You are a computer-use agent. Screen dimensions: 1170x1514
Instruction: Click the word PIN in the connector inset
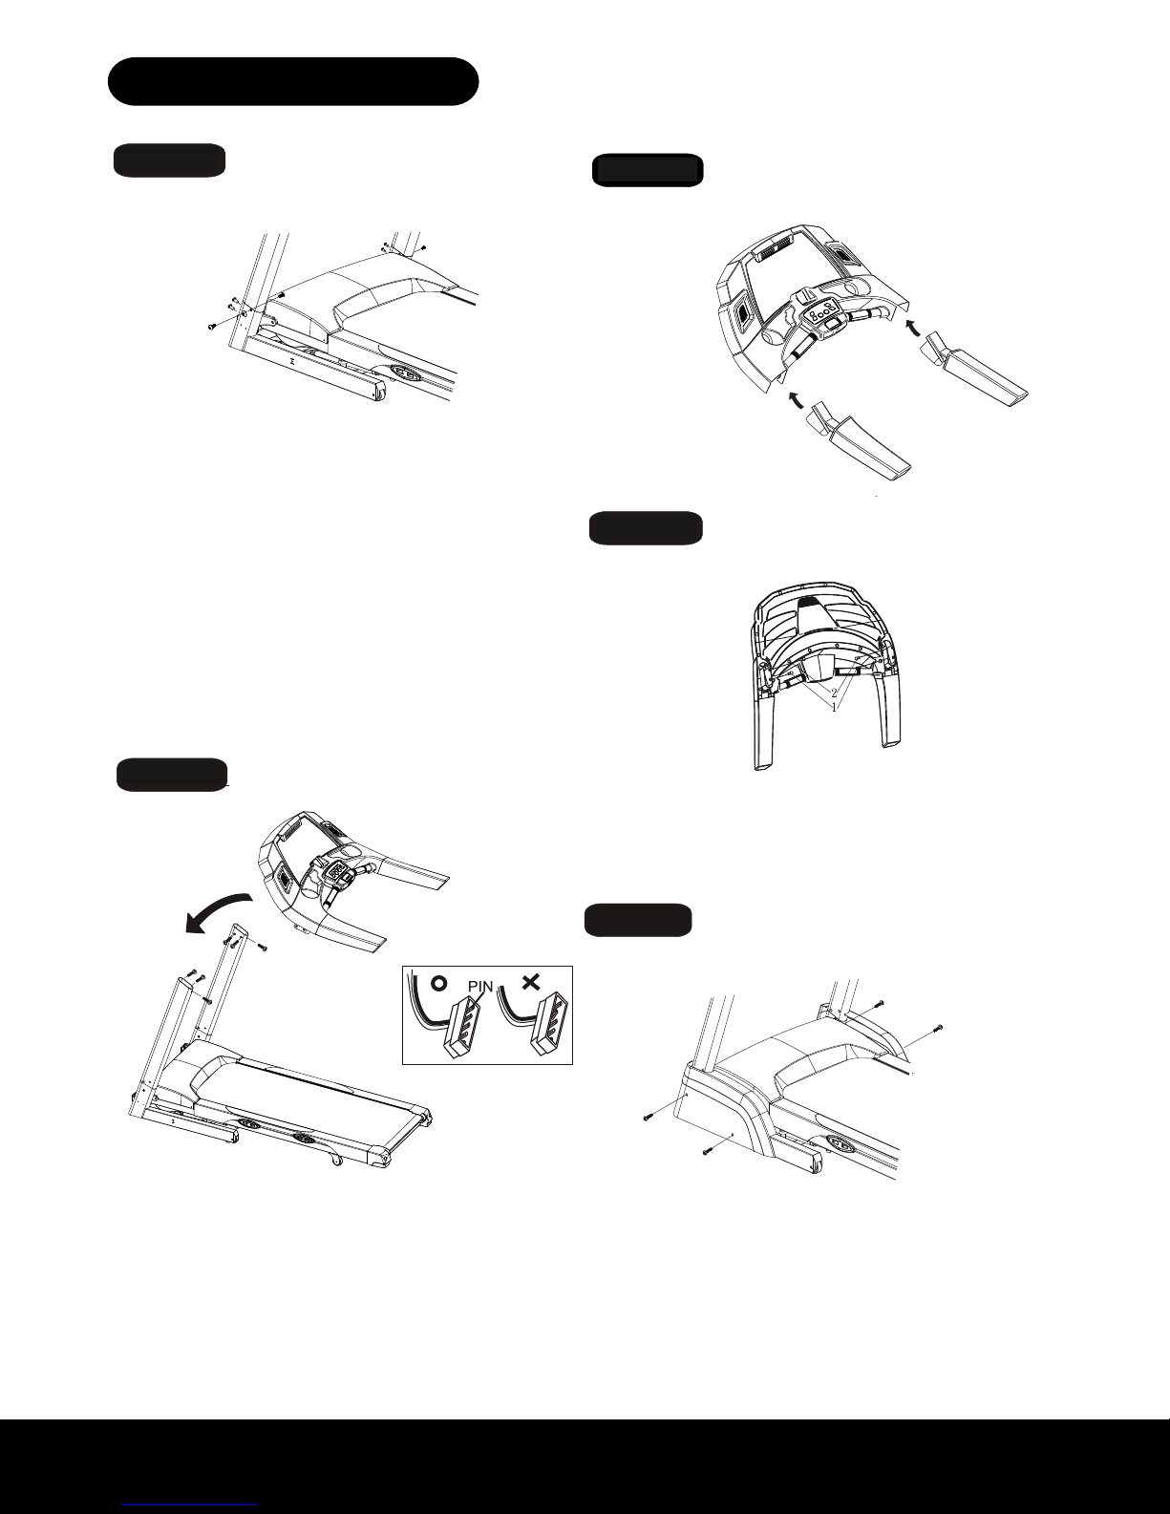coord(480,987)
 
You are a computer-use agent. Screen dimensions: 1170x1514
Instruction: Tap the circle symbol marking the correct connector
coord(439,983)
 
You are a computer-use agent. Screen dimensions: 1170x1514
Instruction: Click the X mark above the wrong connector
coord(531,982)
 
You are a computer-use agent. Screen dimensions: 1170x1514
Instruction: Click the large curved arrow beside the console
coord(216,912)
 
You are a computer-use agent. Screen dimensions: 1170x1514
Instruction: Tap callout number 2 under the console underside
coord(834,693)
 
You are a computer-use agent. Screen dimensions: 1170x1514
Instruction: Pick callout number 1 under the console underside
coord(834,708)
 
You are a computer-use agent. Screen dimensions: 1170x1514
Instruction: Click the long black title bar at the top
coord(293,81)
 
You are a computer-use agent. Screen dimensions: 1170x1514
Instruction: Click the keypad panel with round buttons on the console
coord(821,312)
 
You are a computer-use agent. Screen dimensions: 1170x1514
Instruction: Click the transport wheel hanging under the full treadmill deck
coord(336,1161)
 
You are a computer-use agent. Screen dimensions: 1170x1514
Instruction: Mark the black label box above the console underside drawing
coord(646,528)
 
